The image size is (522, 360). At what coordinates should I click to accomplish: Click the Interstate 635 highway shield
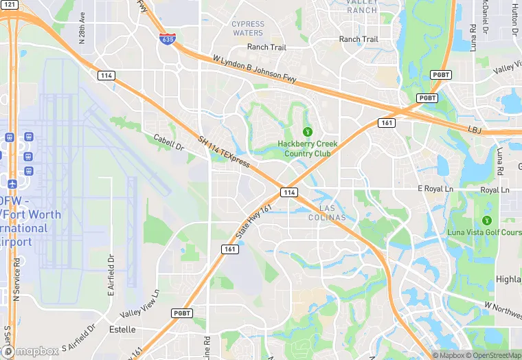166,39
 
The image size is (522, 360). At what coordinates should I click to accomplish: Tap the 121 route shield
9,5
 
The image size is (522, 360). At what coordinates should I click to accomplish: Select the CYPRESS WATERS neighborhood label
248,28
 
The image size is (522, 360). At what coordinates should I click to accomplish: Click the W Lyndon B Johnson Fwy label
255,70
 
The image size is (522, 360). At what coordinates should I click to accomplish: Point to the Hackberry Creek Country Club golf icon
308,131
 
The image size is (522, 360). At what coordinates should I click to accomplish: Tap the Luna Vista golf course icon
487,221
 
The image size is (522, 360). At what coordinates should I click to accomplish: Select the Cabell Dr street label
169,142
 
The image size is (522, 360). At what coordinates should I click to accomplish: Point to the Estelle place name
122,329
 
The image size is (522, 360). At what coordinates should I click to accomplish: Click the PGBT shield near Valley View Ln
181,313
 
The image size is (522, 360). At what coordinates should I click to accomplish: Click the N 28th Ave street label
82,27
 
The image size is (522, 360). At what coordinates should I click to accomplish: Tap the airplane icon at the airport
12,184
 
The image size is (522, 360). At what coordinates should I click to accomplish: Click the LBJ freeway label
475,129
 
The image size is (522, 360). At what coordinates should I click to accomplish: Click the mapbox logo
32,352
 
